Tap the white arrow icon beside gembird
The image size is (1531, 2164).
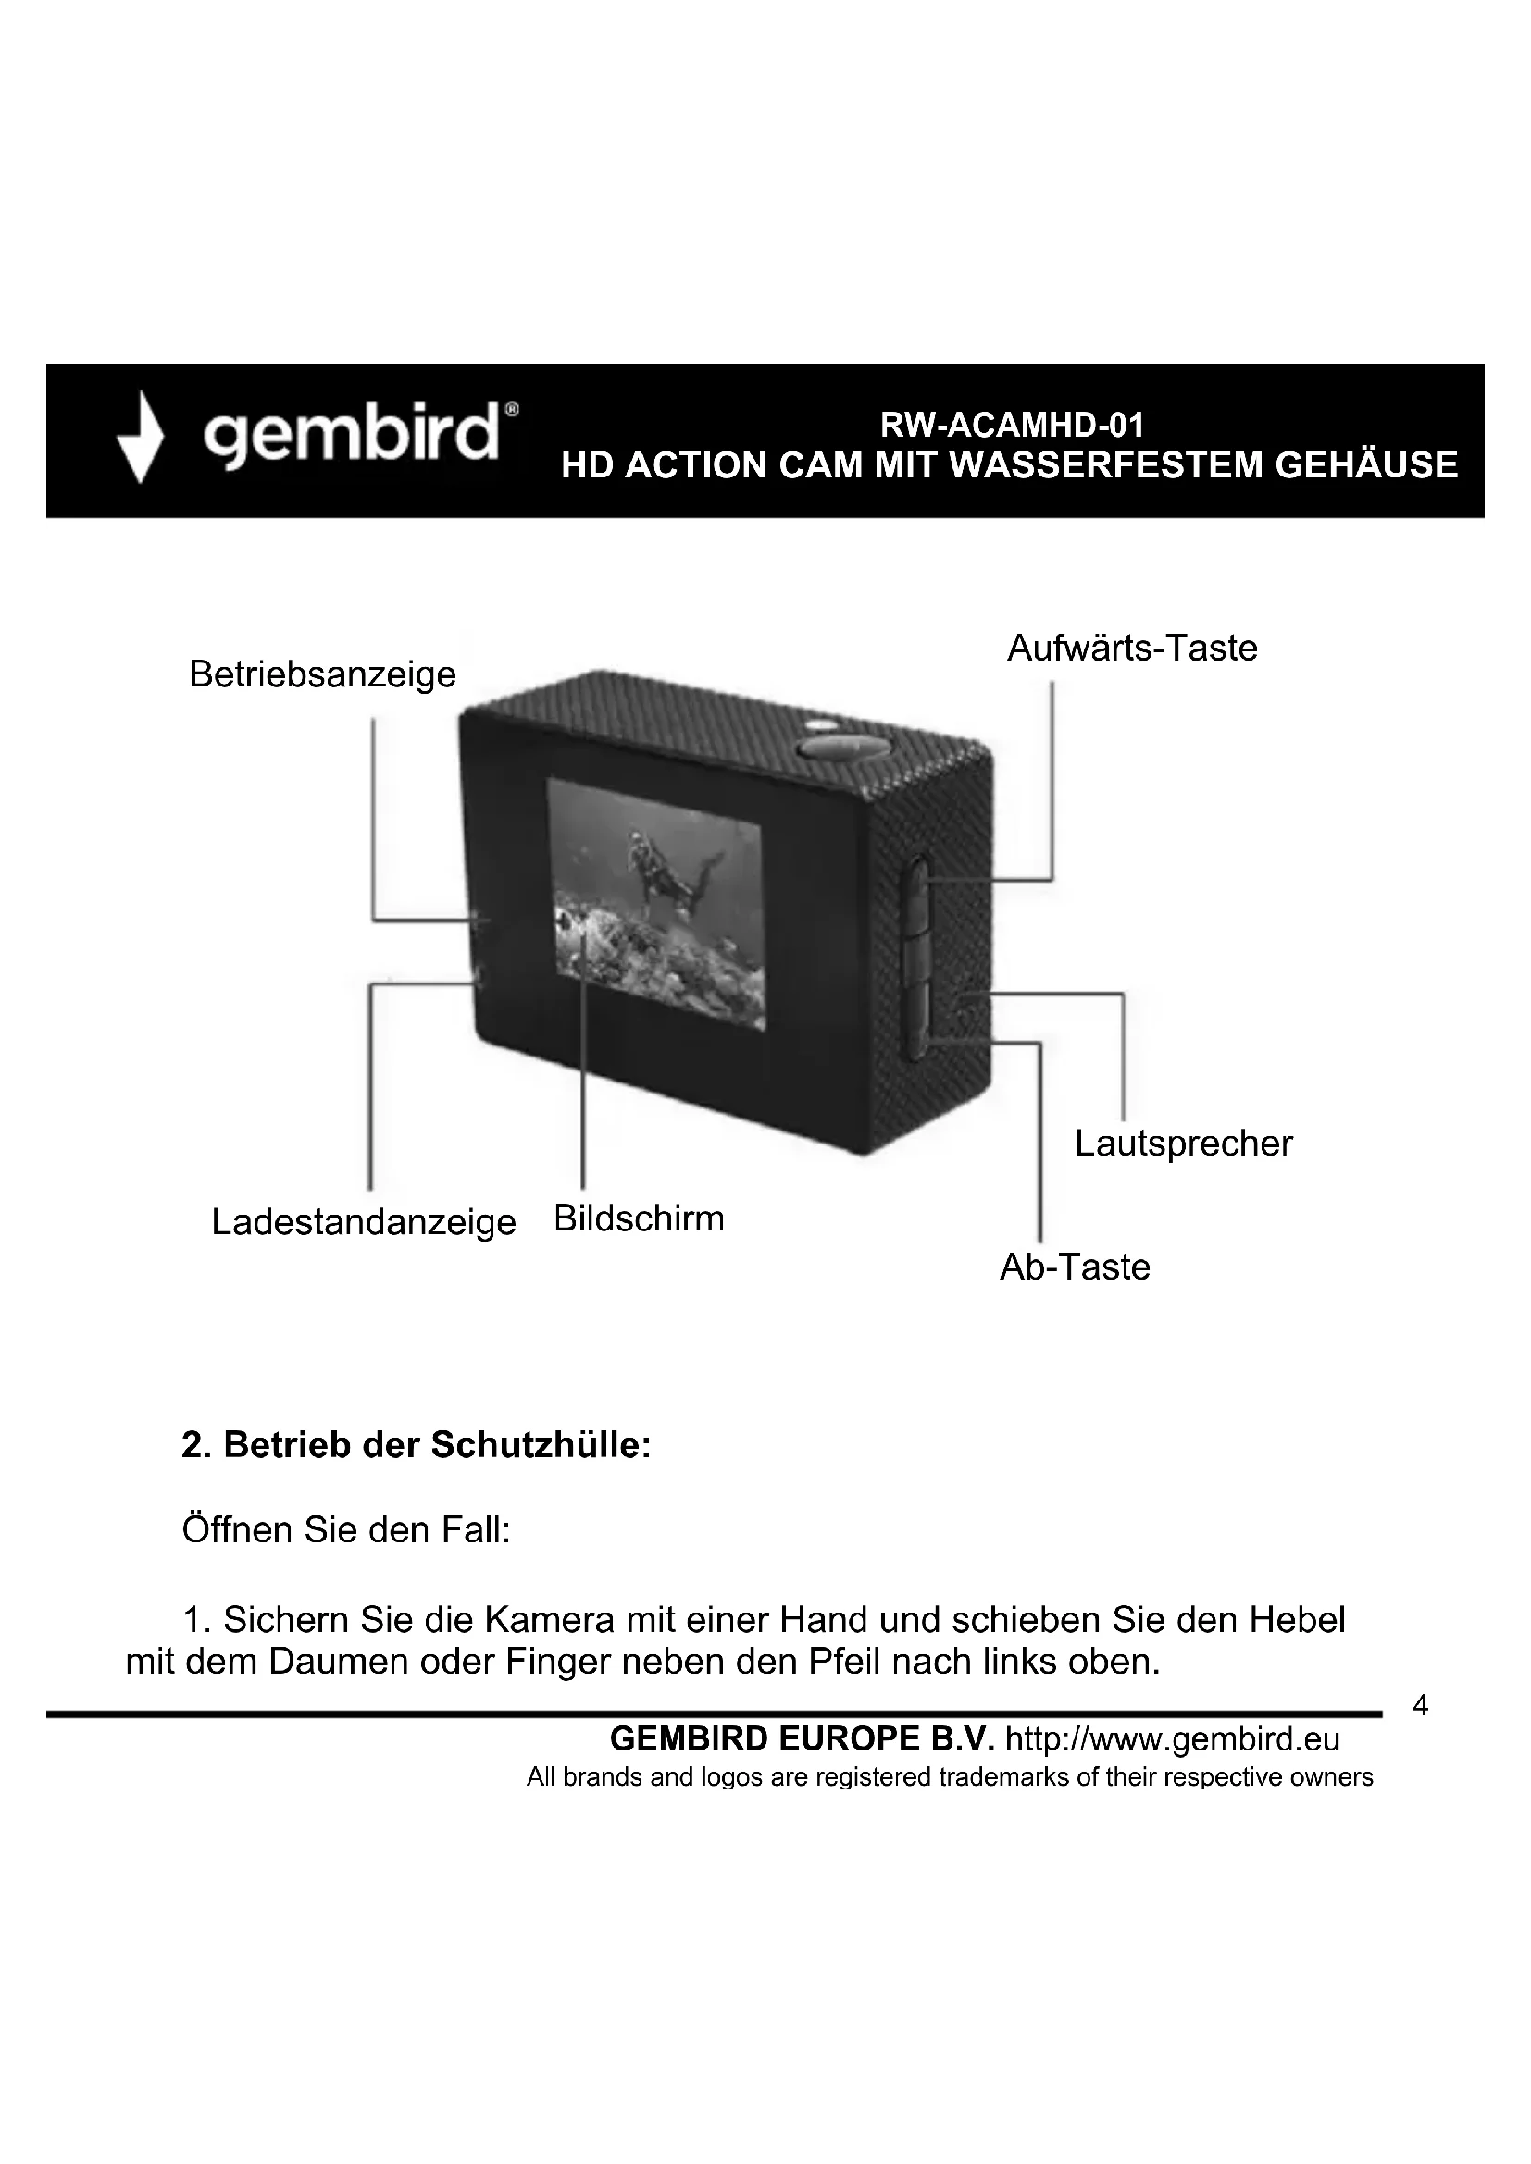pos(141,439)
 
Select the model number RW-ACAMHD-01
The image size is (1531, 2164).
pos(1012,426)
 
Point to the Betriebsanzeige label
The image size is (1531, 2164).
pos(322,674)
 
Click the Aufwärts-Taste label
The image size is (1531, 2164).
pos(1132,649)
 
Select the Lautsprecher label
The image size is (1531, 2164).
pos(1183,1144)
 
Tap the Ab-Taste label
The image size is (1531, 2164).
pos(1075,1267)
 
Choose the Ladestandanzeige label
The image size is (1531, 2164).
pos(363,1221)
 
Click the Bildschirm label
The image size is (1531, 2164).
pos(640,1218)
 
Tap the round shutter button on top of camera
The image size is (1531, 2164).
pos(845,747)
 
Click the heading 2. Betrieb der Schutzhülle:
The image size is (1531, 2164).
pos(416,1445)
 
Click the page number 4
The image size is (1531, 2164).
pos(1421,1705)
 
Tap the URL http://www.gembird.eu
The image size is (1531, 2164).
pos(1173,1739)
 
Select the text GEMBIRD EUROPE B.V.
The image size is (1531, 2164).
pos(803,1739)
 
